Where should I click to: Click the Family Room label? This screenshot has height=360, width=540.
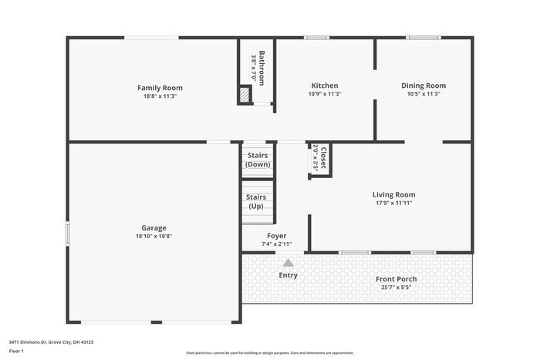pyautogui.click(x=160, y=88)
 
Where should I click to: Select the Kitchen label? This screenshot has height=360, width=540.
pyautogui.click(x=324, y=86)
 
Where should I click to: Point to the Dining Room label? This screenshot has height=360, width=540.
pyautogui.click(x=424, y=86)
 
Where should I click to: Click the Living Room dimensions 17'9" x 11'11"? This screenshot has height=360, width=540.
pyautogui.click(x=393, y=204)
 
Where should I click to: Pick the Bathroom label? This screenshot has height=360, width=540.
pyautogui.click(x=262, y=68)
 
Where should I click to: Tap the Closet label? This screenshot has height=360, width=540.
pyautogui.click(x=322, y=157)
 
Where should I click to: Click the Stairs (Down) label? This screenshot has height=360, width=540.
pyautogui.click(x=258, y=160)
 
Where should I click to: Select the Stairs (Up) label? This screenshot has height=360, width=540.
pyautogui.click(x=256, y=202)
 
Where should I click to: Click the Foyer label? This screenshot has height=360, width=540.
pyautogui.click(x=276, y=236)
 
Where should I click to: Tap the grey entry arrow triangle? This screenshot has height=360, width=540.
pyautogui.click(x=288, y=263)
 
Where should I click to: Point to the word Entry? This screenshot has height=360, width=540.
pyautogui.click(x=288, y=275)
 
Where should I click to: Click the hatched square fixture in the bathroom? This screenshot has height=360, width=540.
pyautogui.click(x=245, y=95)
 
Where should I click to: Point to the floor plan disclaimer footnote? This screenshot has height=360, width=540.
pyautogui.click(x=270, y=352)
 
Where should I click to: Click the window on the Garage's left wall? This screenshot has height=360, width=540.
pyautogui.click(x=68, y=233)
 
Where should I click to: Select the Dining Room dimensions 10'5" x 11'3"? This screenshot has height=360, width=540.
pyautogui.click(x=424, y=94)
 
